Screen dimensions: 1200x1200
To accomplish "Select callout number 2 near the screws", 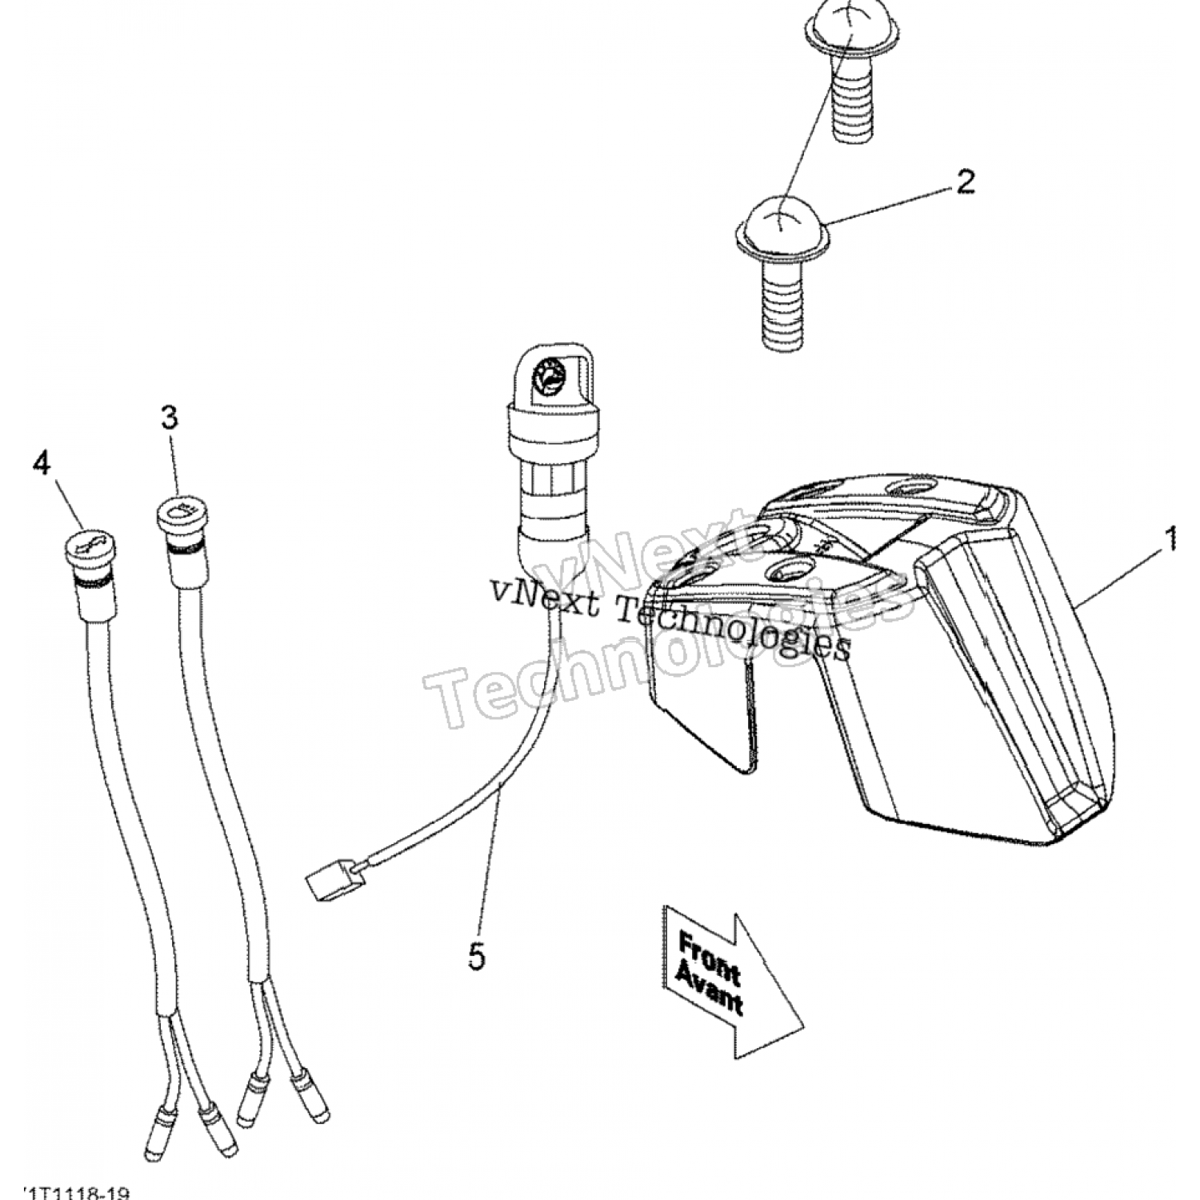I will (964, 182).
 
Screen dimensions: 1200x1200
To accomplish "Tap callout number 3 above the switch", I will (170, 418).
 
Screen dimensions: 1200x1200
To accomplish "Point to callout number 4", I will (41, 462).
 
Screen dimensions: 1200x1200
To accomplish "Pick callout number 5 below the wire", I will (477, 957).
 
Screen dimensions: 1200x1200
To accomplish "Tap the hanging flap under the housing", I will (704, 712).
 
